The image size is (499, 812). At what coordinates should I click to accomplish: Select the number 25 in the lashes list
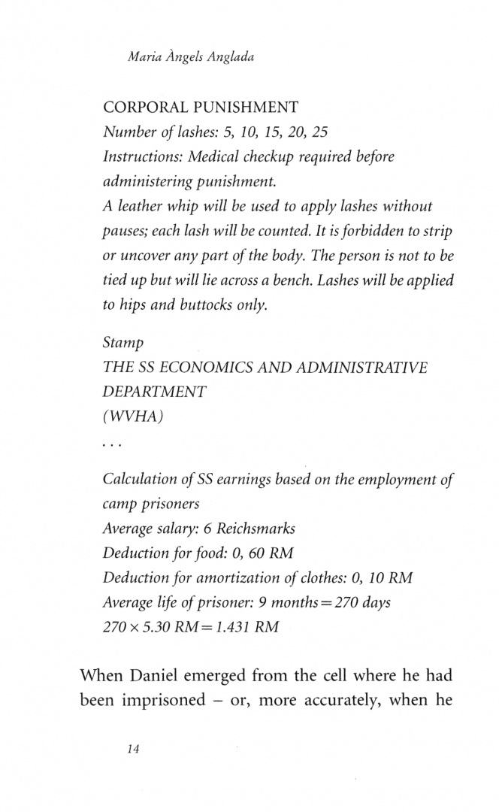click(320, 133)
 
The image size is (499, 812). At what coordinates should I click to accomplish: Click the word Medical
click(204, 157)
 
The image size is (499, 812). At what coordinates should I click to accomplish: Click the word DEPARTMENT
click(154, 393)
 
